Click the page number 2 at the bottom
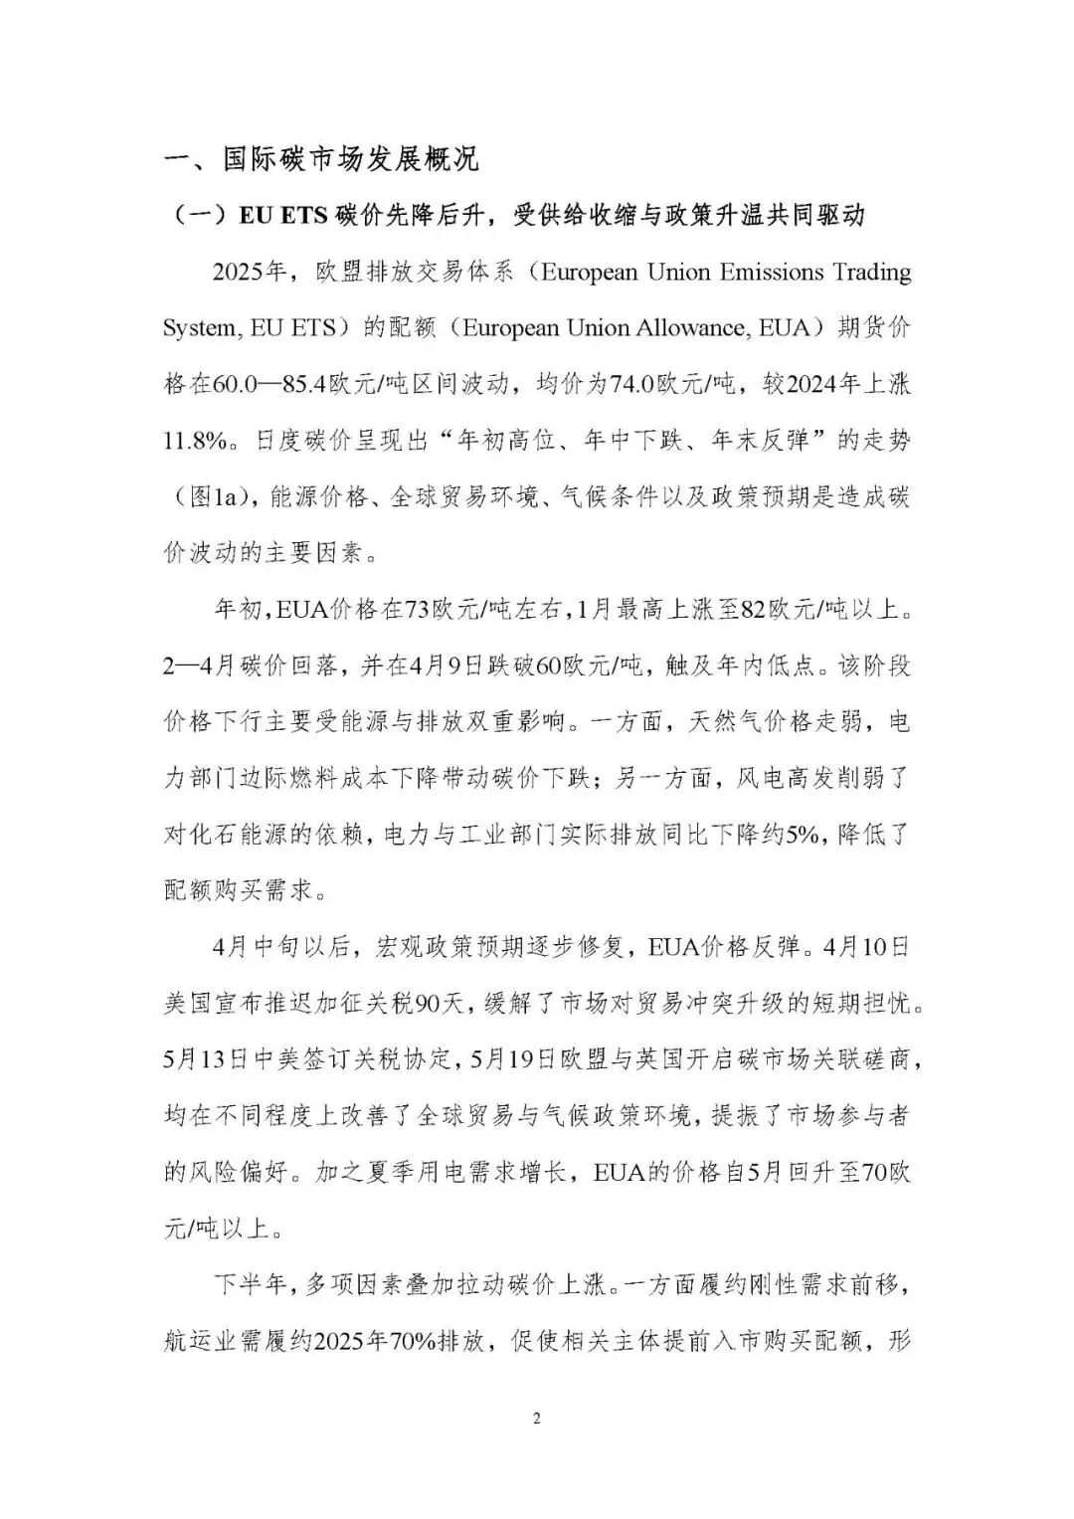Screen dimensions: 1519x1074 pyautogui.click(x=537, y=1418)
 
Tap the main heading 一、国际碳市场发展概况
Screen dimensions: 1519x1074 pyautogui.click(x=321, y=158)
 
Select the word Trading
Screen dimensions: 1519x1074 pyautogui.click(x=871, y=272)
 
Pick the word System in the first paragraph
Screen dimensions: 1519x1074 pyautogui.click(x=199, y=327)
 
